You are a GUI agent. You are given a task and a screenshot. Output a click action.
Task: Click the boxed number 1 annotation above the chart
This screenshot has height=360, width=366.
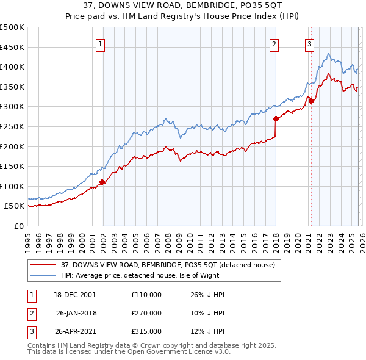(99, 43)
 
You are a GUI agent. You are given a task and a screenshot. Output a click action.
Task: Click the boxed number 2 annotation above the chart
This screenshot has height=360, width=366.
(274, 43)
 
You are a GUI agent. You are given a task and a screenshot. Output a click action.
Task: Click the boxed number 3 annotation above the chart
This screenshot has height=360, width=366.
(309, 43)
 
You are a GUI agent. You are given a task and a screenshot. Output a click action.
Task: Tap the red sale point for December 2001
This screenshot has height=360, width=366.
(102, 182)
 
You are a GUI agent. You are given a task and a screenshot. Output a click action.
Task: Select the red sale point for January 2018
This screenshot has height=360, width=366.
(276, 118)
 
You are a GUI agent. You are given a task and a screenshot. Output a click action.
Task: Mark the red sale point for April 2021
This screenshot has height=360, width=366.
(311, 101)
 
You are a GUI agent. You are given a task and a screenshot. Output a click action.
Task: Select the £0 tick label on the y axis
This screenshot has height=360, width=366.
(18, 226)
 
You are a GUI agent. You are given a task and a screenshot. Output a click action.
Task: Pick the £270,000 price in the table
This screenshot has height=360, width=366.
(146, 313)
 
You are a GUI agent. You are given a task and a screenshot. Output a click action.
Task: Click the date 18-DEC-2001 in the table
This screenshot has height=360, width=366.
(75, 294)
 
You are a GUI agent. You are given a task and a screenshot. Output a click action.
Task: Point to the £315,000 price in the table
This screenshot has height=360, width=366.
(146, 331)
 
